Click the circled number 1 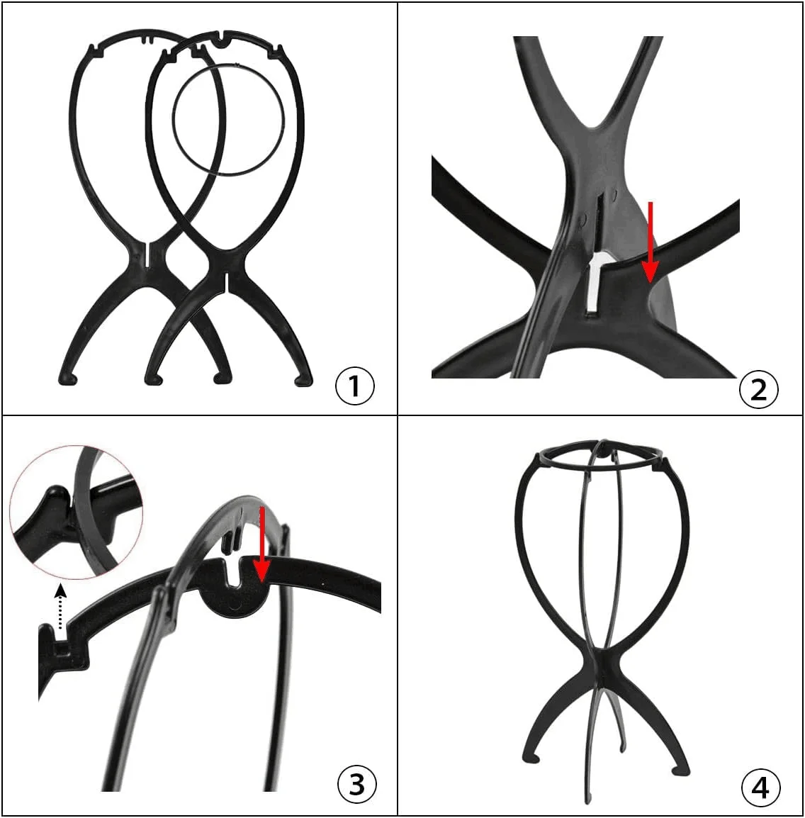(354, 386)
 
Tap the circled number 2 (759, 389)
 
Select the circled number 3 (356, 784)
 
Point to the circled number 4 (760, 787)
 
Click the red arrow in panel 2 (650, 242)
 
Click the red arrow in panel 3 (261, 544)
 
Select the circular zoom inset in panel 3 (76, 512)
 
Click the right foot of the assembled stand (680, 769)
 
